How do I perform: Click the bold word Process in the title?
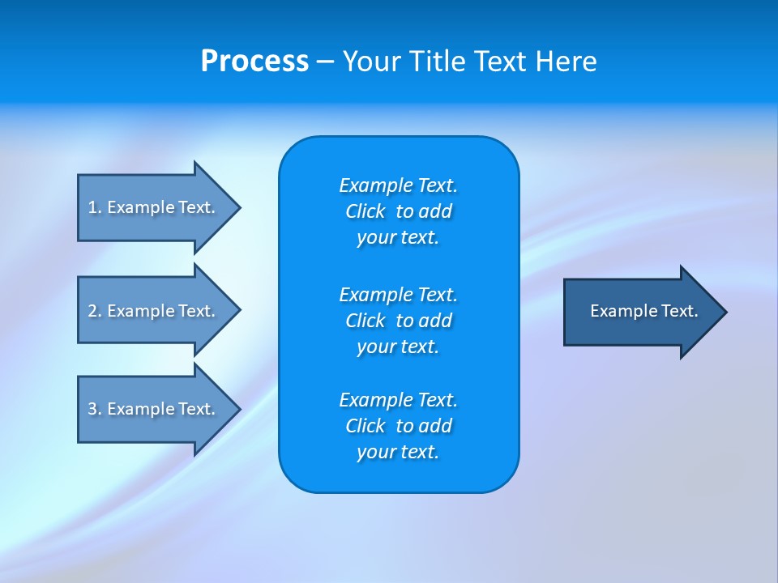(x=254, y=62)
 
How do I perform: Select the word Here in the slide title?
(x=566, y=62)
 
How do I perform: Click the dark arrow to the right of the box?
(x=640, y=312)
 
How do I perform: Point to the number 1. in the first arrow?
(x=95, y=207)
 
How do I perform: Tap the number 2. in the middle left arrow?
(x=95, y=311)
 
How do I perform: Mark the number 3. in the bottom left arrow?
(x=95, y=409)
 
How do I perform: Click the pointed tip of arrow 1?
(x=236, y=208)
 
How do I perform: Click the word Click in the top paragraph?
(x=365, y=211)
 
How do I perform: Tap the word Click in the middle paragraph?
(x=365, y=321)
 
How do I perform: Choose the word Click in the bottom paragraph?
(x=365, y=426)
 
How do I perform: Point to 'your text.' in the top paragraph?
(x=398, y=238)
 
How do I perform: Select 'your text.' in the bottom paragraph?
(x=398, y=453)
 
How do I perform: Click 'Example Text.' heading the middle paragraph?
(x=398, y=294)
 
